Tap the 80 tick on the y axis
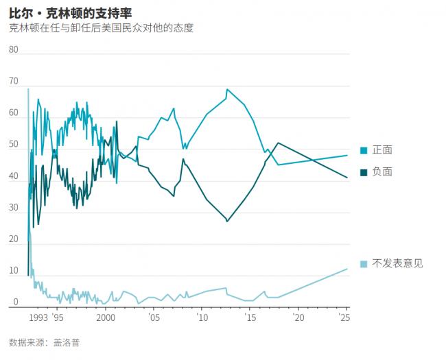point(14,49)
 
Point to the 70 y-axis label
point(14,81)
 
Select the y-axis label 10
point(14,270)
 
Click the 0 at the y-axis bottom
point(16,302)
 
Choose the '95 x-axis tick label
point(58,318)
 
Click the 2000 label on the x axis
point(106,318)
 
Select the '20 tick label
point(297,318)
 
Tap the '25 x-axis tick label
point(345,318)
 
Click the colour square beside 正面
point(364,150)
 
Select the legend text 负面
point(382,171)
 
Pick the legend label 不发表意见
point(397,263)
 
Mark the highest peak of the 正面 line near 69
point(227,89)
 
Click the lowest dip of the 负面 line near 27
point(227,221)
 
